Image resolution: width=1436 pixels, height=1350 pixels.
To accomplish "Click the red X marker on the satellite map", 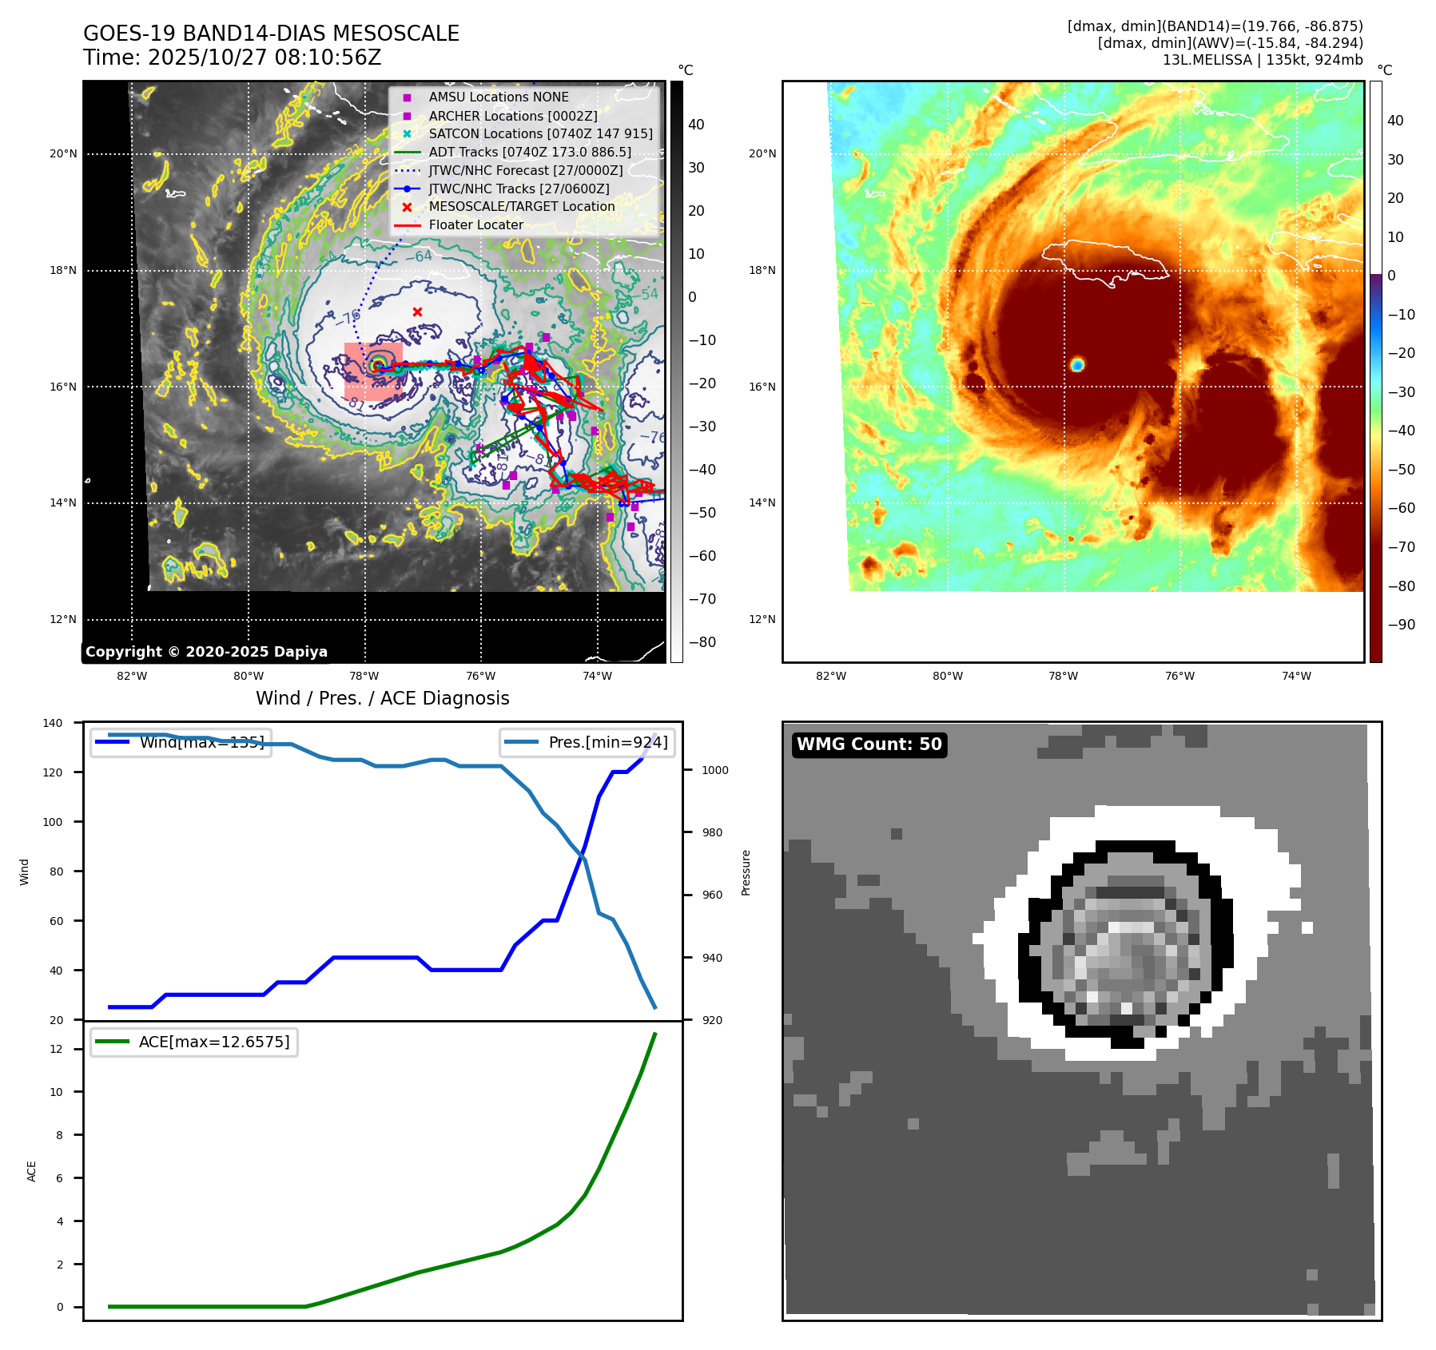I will click(417, 312).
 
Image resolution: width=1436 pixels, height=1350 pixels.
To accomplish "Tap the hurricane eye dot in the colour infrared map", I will click(1077, 365).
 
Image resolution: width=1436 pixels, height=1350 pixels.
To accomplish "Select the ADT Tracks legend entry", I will click(529, 152).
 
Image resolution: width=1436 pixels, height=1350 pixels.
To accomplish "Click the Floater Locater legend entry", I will click(475, 225).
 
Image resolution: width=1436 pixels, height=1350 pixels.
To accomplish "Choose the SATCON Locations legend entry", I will click(540, 134).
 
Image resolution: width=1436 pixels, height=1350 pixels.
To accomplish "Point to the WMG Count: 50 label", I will click(869, 744).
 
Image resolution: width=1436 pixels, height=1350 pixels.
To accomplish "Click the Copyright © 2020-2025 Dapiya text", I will click(206, 652).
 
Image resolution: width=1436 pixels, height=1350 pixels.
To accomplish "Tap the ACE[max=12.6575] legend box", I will click(194, 1042).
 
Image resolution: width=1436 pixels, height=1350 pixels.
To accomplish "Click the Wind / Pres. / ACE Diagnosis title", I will click(382, 699).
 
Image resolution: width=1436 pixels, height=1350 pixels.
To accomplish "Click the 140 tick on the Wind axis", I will click(53, 723).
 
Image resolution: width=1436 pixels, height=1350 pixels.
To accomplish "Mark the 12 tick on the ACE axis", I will click(56, 1049).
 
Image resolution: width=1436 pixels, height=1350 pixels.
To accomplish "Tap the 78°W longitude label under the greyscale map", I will click(364, 677).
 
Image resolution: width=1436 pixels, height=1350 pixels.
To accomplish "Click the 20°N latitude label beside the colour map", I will click(762, 154).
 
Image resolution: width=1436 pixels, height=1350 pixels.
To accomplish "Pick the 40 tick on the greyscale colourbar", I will click(696, 125).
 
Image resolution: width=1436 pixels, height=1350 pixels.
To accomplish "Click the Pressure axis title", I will click(746, 872).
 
